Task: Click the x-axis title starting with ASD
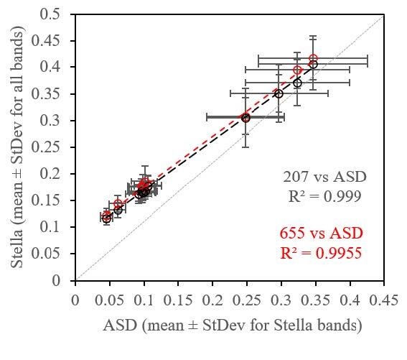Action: tap(230, 326)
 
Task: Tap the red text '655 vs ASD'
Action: tap(321, 234)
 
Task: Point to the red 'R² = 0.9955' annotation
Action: tap(321, 252)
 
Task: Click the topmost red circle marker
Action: tap(313, 59)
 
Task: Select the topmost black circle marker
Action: tap(313, 65)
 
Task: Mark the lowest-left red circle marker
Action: tap(107, 215)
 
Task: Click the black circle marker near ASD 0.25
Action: tap(245, 117)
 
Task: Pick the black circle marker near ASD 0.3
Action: tap(279, 94)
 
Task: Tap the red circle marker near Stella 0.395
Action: tap(297, 70)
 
